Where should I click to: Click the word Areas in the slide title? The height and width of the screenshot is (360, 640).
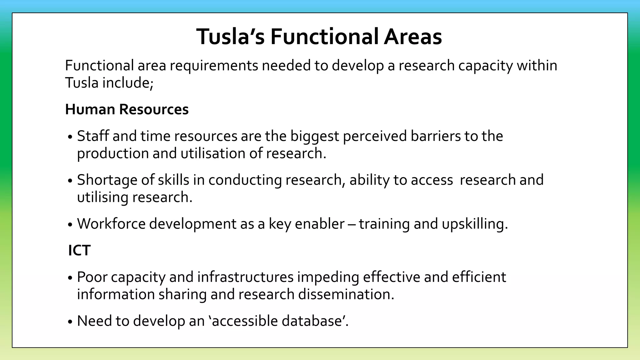pos(413,37)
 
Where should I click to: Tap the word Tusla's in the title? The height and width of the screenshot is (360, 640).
pos(231,37)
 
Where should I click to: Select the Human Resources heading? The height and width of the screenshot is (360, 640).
pos(127,109)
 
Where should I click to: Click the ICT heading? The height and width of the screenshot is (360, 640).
pos(79,250)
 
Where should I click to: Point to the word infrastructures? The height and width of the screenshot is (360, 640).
pos(245,277)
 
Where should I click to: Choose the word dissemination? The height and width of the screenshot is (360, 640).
pos(346,294)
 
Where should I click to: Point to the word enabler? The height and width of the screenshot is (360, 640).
pos(319,224)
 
